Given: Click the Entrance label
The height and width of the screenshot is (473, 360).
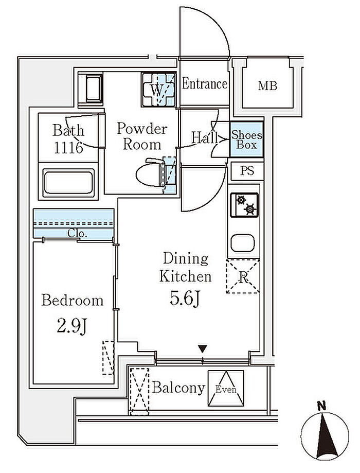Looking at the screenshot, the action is pyautogui.click(x=204, y=84).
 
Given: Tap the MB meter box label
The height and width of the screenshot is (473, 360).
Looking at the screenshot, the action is pyautogui.click(x=267, y=86).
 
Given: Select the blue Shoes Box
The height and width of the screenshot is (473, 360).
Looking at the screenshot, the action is pyautogui.click(x=246, y=139).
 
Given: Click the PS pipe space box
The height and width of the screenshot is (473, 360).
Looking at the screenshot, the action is pyautogui.click(x=247, y=171).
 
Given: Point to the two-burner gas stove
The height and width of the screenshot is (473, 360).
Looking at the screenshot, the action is pyautogui.click(x=244, y=205).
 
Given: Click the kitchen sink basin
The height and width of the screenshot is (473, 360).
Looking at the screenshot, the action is pyautogui.click(x=243, y=243).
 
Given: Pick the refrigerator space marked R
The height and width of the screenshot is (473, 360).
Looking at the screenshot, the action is pyautogui.click(x=243, y=276).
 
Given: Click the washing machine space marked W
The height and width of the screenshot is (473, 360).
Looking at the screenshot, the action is pyautogui.click(x=158, y=90).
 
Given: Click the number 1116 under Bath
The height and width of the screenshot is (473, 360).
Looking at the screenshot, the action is pyautogui.click(x=68, y=148).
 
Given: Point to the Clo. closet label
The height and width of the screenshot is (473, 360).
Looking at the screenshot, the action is pyautogui.click(x=77, y=233).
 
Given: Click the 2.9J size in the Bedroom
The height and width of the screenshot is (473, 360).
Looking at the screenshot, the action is pyautogui.click(x=72, y=326).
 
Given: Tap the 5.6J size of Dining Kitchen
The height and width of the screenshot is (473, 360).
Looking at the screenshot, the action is pyautogui.click(x=185, y=299).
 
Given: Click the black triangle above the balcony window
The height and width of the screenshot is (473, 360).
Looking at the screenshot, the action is pyautogui.click(x=203, y=349).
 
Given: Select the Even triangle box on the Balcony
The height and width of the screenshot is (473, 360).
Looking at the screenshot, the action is pyautogui.click(x=226, y=388).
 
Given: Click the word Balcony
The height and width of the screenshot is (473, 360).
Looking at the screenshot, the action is pyautogui.click(x=178, y=388).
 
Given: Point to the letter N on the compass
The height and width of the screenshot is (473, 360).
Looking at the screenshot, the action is pyautogui.click(x=322, y=406).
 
